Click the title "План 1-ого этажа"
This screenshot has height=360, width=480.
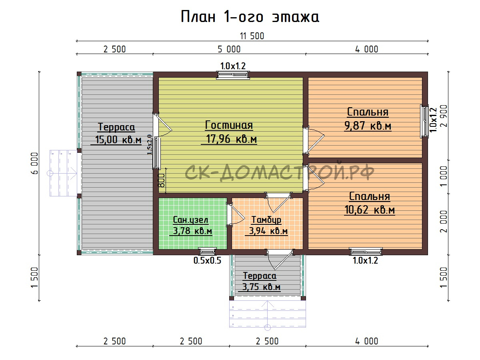(x=250, y=17)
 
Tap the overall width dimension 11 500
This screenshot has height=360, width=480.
(x=252, y=36)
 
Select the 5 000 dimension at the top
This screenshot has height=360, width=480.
(x=229, y=49)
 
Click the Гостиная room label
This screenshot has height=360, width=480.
(x=229, y=126)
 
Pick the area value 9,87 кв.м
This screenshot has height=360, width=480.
(x=368, y=126)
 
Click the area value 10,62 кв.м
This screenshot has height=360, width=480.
(x=370, y=210)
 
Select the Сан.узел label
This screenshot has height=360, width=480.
(x=190, y=220)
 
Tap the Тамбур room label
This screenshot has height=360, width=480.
(x=266, y=220)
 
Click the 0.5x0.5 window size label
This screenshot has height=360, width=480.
(x=207, y=260)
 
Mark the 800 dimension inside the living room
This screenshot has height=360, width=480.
(x=161, y=180)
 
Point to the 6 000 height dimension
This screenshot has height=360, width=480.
(x=34, y=163)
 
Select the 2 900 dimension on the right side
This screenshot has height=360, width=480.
(x=444, y=116)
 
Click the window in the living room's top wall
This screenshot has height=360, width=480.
(x=233, y=75)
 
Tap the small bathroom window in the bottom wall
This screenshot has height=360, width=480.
(x=207, y=251)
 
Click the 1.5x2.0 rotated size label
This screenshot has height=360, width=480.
(x=150, y=144)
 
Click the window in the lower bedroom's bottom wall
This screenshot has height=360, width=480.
(x=366, y=251)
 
